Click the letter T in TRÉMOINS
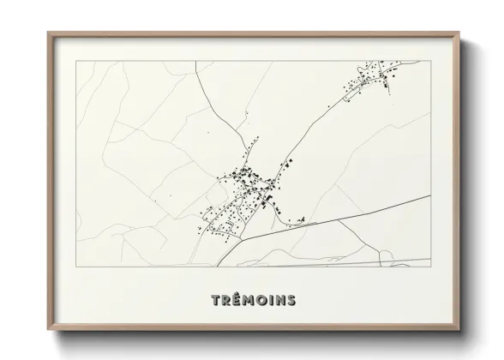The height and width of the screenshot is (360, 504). click(214, 300)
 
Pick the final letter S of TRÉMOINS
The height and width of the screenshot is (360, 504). click(291, 300)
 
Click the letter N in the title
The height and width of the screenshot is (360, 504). click(279, 300)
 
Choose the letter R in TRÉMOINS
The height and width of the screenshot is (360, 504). click(225, 300)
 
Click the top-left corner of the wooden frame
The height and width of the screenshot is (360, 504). click(47, 33)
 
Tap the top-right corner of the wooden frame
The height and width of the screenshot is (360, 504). click(458, 33)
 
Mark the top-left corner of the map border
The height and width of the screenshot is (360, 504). click(75, 61)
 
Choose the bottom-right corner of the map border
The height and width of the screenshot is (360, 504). click(429, 267)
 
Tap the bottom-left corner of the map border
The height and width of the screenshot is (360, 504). click(75, 267)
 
